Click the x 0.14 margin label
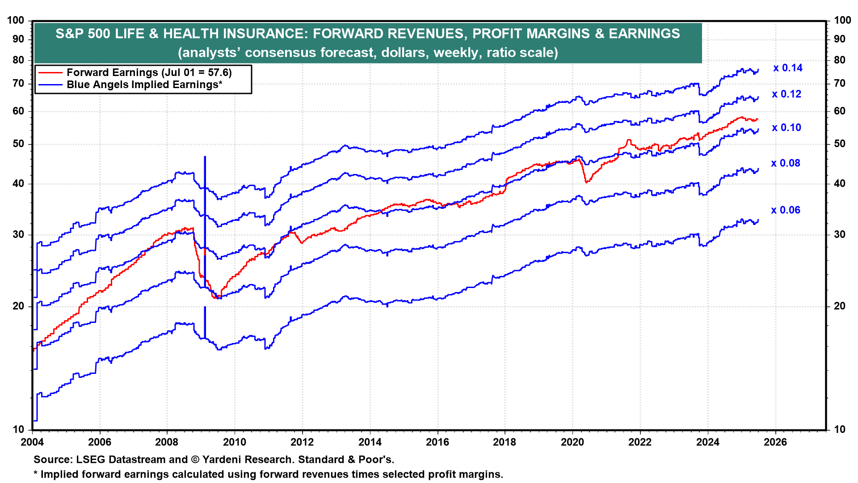click(x=788, y=68)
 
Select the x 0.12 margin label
click(x=786, y=94)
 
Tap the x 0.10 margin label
click(x=786, y=127)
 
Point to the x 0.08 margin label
click(x=786, y=163)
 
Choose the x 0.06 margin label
click(x=786, y=210)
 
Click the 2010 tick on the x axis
click(x=235, y=442)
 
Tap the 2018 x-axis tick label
click(x=505, y=442)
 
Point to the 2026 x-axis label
click(x=775, y=442)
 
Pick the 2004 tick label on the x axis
click(x=32, y=442)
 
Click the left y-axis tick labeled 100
click(x=16, y=20)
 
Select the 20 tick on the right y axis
click(x=840, y=306)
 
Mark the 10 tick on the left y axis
click(x=18, y=429)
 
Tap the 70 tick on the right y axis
click(x=840, y=83)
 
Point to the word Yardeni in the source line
click(x=221, y=460)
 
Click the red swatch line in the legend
click(x=50, y=72)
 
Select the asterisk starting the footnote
click(x=36, y=473)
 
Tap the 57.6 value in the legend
click(x=218, y=72)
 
